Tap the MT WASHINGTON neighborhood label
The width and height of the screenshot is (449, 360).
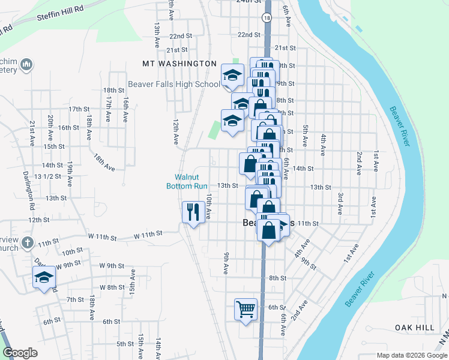pyautogui.click(x=179, y=63)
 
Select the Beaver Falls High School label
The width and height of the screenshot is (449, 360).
pyautogui.click(x=174, y=85)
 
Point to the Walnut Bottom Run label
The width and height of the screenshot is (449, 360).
pyautogui.click(x=187, y=181)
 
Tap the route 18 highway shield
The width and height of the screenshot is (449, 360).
pyautogui.click(x=266, y=19)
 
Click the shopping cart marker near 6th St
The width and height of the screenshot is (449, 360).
pyautogui.click(x=246, y=310)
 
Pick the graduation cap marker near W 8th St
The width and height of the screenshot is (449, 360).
pyautogui.click(x=44, y=277)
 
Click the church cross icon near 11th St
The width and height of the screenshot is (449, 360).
pyautogui.click(x=26, y=243)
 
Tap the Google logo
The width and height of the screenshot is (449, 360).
pyautogui.click(x=20, y=353)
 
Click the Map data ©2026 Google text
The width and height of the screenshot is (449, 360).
pyautogui.click(x=411, y=355)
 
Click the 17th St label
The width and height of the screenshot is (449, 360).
pyautogui.click(x=79, y=109)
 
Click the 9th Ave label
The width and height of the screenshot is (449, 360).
pyautogui.click(x=226, y=263)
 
